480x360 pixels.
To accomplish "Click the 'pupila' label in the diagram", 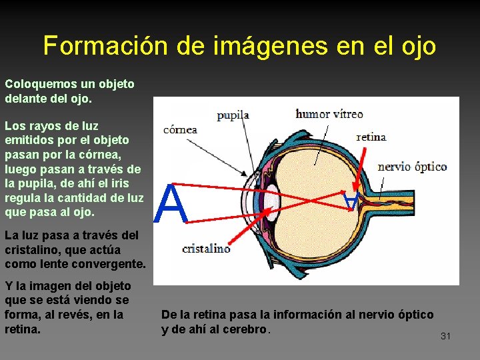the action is click(233, 115).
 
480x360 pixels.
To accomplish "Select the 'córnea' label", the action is click(180, 129).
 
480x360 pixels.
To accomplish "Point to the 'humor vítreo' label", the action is click(329, 114).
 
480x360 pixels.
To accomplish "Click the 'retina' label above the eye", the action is click(371, 137).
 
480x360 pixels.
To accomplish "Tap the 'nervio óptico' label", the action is click(412, 166).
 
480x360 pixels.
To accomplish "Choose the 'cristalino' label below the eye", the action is click(206, 249).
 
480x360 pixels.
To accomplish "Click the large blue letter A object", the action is click(171, 205).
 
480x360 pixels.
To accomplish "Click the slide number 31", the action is click(445, 336).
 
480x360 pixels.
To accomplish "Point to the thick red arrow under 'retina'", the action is click(359, 173).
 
